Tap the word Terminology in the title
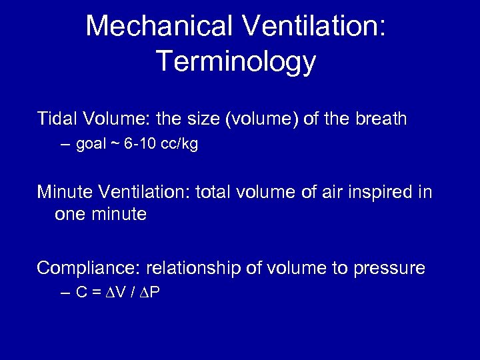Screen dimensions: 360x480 pyautogui.click(x=237, y=62)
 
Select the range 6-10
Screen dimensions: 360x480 pyautogui.click(x=142, y=145)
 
